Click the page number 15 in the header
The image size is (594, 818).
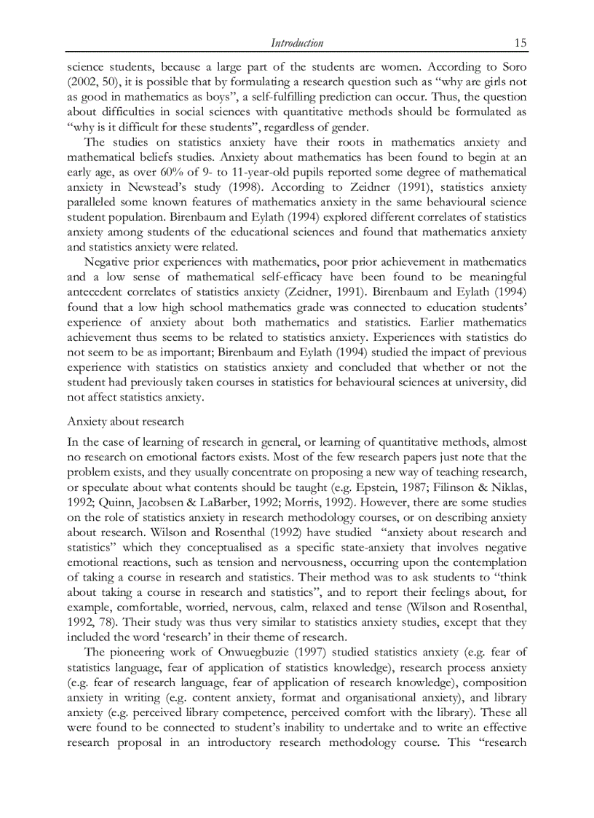[x=520, y=43]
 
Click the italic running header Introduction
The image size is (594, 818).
[x=297, y=43]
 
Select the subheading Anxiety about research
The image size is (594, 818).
[x=125, y=422]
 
